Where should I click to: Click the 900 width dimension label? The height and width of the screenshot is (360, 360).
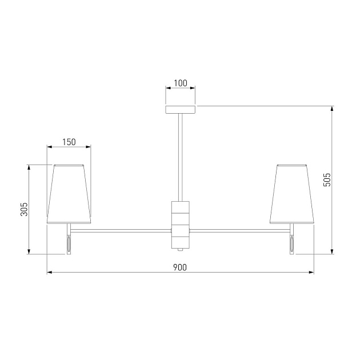point(180,267)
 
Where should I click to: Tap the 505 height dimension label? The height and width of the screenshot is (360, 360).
point(327,180)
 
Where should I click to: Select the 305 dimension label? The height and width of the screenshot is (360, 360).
point(24,209)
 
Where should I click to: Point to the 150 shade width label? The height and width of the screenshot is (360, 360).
point(69,142)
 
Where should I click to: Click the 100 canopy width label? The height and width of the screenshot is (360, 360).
point(181,83)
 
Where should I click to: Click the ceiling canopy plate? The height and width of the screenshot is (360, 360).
point(181,110)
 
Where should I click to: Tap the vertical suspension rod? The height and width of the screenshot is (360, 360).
point(181,158)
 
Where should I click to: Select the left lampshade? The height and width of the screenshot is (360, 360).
point(69,194)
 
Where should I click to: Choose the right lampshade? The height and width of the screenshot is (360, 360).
point(292,194)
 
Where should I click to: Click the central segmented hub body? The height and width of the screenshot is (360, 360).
point(181,225)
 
